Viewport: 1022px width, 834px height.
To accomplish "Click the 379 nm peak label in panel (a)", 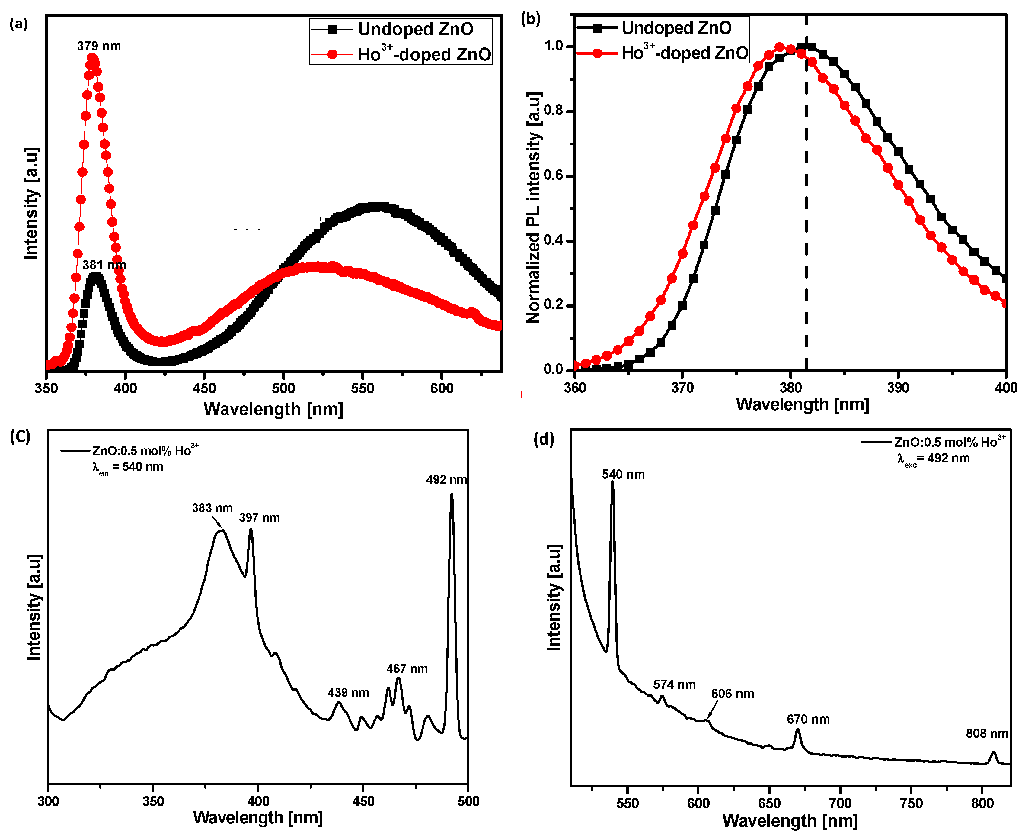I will coord(99,46).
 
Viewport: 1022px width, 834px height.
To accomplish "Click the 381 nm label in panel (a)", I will coord(104,265).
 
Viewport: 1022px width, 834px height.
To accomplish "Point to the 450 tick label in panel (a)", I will coord(204,388).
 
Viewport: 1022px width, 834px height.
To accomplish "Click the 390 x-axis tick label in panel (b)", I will coord(897,387).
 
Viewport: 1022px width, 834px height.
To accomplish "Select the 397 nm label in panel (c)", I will coord(259,518).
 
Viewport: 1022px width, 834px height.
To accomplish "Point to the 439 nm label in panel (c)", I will coord(348,692).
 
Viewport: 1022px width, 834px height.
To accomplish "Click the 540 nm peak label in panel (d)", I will coord(623,475).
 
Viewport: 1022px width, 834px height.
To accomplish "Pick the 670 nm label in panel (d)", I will coord(808,719).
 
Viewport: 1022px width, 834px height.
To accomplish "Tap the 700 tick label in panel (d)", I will coord(840,803).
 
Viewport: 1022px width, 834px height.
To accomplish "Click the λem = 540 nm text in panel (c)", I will coord(128,467).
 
